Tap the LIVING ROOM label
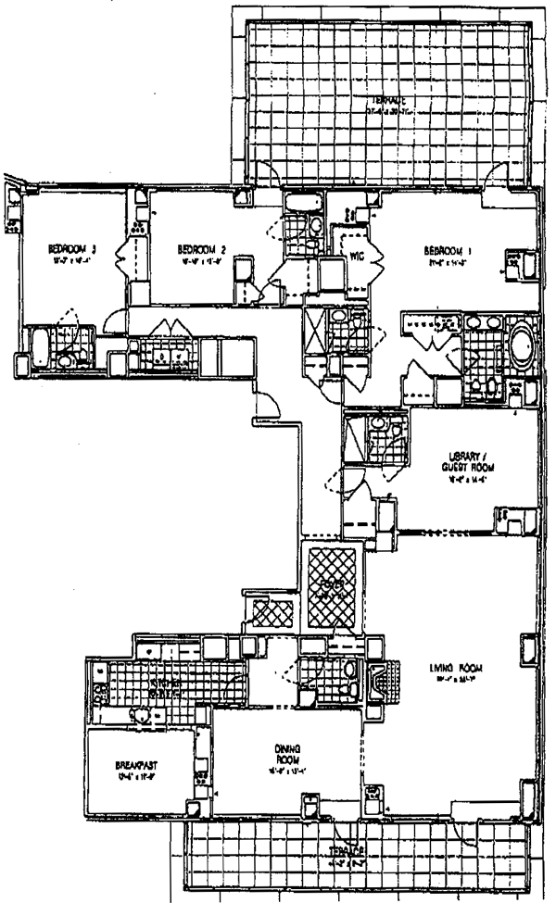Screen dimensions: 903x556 click(x=461, y=667)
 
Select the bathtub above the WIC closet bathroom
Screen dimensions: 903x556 click(x=302, y=202)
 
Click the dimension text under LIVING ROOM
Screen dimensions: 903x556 click(x=461, y=680)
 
